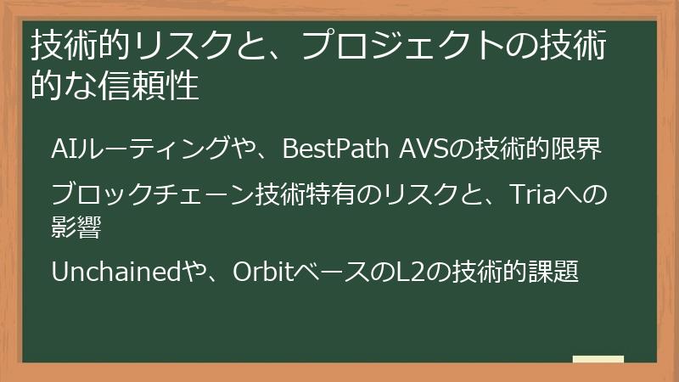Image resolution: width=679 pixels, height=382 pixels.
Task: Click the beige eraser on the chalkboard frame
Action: coord(598,359)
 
